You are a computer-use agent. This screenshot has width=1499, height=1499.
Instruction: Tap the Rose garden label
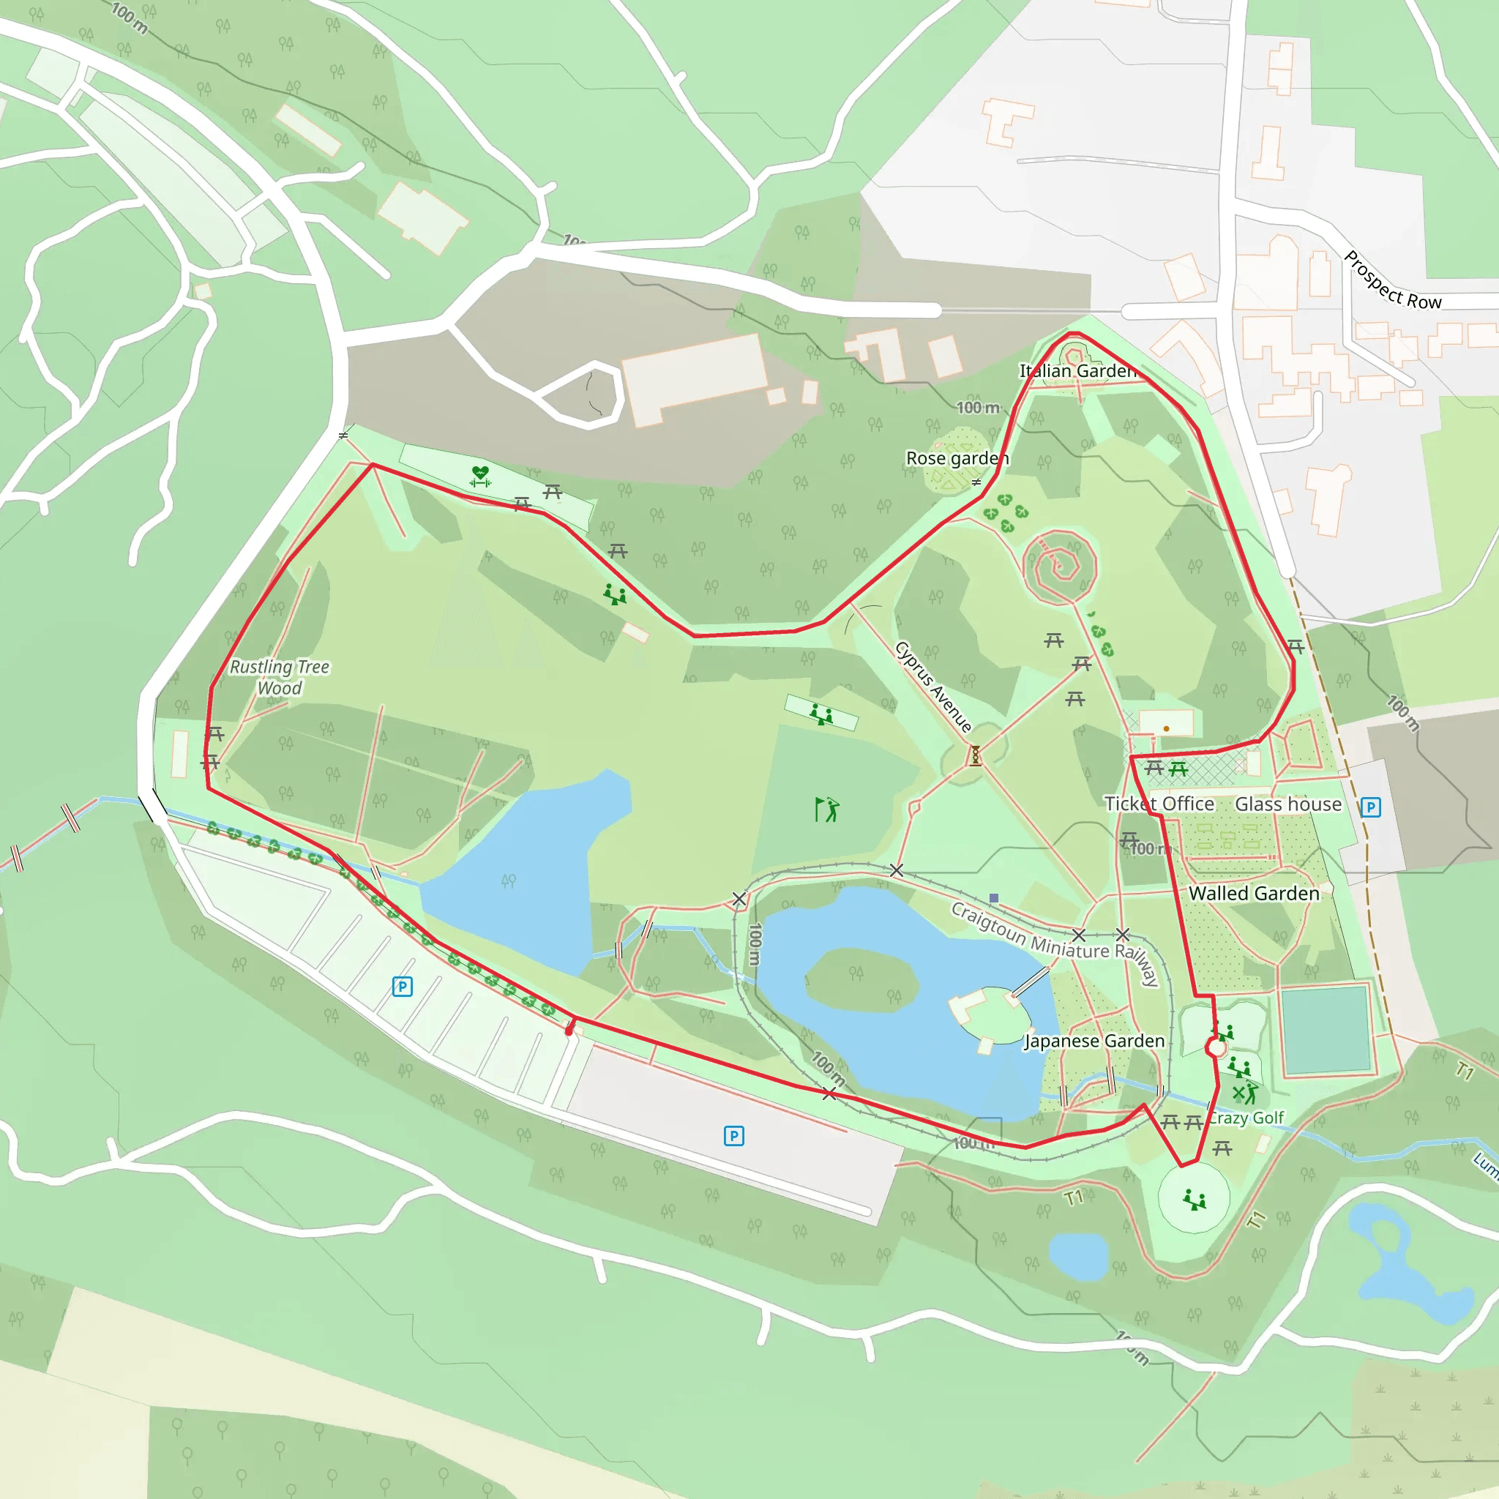957,458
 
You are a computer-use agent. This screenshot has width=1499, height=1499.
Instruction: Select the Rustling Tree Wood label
280,677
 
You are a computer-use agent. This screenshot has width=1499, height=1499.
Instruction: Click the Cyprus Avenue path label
932,687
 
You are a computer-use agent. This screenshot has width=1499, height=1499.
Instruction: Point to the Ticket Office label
1159,804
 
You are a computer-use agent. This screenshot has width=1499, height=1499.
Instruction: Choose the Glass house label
1288,804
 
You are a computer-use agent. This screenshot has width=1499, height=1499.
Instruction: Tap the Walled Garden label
1254,893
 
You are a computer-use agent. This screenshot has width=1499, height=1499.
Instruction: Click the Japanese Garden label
1095,1042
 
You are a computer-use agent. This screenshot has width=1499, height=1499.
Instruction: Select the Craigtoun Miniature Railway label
1055,942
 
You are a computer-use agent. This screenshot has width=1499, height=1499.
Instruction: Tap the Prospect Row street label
1392,282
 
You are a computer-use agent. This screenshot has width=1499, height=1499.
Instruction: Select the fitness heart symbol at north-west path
480,476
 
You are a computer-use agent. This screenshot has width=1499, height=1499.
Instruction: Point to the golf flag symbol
826,810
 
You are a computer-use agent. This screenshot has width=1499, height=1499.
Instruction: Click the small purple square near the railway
994,897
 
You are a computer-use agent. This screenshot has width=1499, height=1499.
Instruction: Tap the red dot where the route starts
569,1031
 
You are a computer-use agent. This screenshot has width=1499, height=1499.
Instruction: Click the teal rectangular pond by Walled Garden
1326,1030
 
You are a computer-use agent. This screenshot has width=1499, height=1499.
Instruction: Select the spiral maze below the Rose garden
1059,567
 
